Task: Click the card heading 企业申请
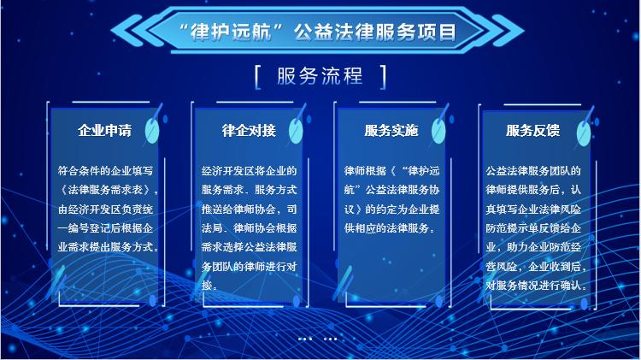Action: [x=105, y=131]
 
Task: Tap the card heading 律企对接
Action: [x=249, y=131]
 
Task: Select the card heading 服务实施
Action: [x=391, y=131]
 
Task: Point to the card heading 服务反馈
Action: [x=532, y=131]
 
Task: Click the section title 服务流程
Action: [x=320, y=76]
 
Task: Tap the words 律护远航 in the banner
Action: [x=231, y=32]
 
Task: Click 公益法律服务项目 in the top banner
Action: [x=375, y=32]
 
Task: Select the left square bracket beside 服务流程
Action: [x=257, y=76]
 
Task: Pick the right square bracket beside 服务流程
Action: [x=383, y=76]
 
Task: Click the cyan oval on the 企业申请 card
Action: [x=152, y=131]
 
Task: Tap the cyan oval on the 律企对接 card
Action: [x=296, y=131]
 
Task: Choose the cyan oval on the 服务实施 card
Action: [x=438, y=131]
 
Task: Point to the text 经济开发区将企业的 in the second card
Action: [x=249, y=170]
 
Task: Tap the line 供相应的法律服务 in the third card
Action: [x=386, y=228]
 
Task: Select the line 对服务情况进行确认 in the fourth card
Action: [x=533, y=285]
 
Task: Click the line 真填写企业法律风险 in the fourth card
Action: [x=533, y=210]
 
